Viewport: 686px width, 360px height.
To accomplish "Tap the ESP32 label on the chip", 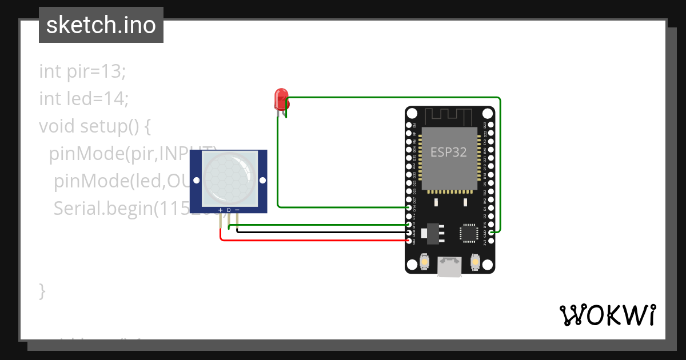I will coord(449,153).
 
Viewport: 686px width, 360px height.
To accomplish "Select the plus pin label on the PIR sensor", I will coord(221,210).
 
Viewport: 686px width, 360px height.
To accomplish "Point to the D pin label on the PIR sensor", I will coord(229,210).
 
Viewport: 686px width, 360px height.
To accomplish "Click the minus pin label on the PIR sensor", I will coord(237,210).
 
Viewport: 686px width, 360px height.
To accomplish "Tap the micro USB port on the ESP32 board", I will coord(449,266).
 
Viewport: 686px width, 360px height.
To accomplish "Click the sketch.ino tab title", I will coord(101,25).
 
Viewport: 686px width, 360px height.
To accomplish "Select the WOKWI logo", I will coord(607,315).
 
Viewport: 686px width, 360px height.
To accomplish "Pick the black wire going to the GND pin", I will coord(320,232).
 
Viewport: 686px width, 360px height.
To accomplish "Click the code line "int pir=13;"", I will coord(82,71).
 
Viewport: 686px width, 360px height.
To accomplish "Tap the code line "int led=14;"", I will coord(84,99).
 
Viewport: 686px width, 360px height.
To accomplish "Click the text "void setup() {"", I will coord(95,126).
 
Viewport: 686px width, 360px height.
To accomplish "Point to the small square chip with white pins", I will coord(469,233).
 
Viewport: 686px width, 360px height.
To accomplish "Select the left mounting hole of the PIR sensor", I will coord(197,180).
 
